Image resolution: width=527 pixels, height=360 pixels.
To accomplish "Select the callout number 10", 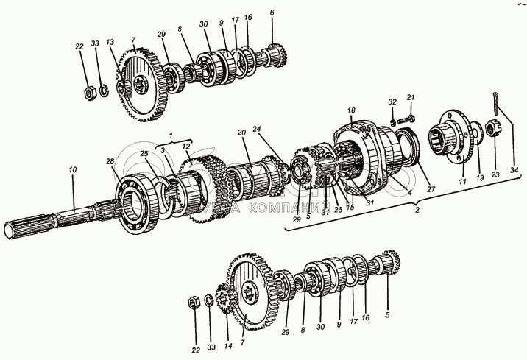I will [73, 170].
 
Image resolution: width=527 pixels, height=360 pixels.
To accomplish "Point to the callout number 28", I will [109, 161].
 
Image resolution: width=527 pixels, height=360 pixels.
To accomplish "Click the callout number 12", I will [186, 147].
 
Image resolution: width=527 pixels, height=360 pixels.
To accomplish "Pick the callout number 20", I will [241, 133].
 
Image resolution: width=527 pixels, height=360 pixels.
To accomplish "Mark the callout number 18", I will [351, 109].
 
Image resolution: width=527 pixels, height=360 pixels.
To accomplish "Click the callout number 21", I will [411, 98].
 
